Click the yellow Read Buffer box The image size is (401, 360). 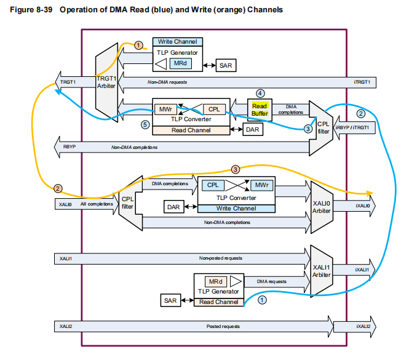259,110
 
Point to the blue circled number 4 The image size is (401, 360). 260,94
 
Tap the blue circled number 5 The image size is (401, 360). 145,124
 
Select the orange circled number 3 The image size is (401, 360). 235,169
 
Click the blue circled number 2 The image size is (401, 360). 361,113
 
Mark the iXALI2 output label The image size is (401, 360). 362,326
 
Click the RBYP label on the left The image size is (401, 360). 67,147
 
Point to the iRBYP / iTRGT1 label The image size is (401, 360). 353,127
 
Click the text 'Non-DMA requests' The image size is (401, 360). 167,81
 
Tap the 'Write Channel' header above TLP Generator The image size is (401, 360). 178,41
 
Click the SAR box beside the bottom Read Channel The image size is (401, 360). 172,301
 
